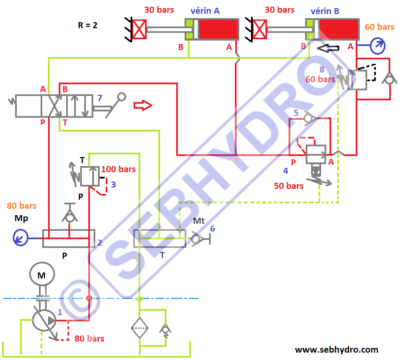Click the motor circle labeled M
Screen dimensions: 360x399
42,274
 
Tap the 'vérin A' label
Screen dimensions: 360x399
205,11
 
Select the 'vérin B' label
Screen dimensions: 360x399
325,11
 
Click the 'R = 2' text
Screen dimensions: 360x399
88,25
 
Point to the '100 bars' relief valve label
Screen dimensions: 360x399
118,169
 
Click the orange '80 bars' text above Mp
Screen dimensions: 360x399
21,206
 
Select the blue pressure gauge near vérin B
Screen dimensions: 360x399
378,46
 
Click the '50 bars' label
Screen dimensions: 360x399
289,186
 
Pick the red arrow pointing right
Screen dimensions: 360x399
143,105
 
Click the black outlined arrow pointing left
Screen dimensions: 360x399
328,48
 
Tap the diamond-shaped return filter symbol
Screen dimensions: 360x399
140,328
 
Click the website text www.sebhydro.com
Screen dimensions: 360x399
337,350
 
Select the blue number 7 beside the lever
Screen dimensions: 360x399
100,98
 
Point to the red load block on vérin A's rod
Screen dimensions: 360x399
139,30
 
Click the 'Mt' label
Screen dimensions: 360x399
199,221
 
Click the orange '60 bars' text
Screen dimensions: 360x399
380,27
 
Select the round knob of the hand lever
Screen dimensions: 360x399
121,97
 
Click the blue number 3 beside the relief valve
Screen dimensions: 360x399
113,185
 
